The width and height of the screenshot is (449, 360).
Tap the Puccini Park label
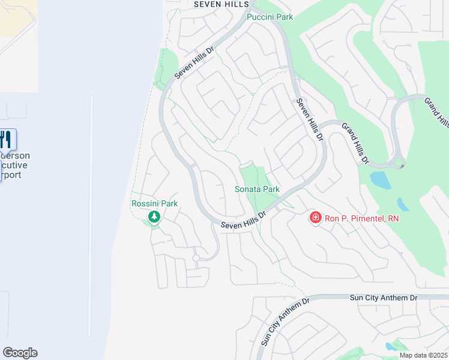pos(270,17)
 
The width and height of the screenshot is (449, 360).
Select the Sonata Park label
pos(257,189)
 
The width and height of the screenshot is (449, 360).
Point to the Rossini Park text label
pos(154,203)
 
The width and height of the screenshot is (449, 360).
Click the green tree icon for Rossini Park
pos(155,217)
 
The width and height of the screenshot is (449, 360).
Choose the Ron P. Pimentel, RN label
pos(361,218)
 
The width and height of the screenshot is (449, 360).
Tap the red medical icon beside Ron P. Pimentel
pos(315,218)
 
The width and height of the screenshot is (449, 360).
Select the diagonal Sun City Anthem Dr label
pos(285,322)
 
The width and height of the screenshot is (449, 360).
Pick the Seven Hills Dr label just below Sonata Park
pos(243,220)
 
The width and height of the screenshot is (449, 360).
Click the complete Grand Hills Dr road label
pos(355,143)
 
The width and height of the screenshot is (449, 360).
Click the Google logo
pos(20,353)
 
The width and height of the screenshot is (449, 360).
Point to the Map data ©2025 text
pos(423,355)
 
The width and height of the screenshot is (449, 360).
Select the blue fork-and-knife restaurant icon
pos(5,140)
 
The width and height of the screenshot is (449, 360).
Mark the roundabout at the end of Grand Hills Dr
pos(399,164)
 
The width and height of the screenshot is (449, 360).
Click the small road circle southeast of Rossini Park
pos(196,258)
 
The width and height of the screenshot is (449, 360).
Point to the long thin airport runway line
pos(91,216)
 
